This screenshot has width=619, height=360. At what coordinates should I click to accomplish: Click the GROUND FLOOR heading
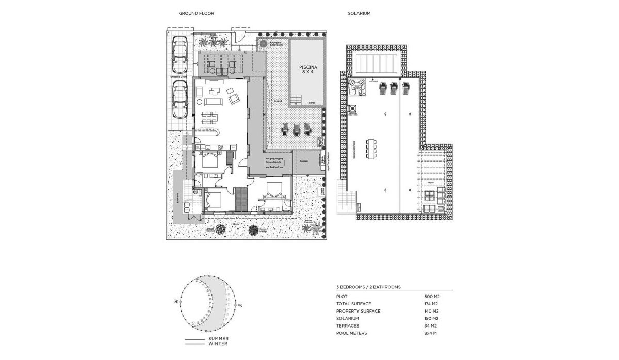click(x=196, y=14)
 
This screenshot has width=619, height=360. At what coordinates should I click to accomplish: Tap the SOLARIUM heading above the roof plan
click(x=359, y=14)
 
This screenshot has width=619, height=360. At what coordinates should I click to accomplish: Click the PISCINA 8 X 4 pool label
click(x=307, y=70)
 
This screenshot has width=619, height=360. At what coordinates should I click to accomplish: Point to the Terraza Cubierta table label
click(x=274, y=162)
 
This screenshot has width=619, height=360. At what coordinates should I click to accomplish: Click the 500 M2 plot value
click(x=431, y=297)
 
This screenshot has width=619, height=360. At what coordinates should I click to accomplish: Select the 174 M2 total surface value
click(x=431, y=304)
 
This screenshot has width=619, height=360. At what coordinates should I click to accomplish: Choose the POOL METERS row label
click(x=351, y=333)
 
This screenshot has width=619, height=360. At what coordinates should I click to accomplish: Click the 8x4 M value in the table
click(x=431, y=333)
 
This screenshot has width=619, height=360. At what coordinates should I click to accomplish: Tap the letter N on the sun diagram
click(x=176, y=301)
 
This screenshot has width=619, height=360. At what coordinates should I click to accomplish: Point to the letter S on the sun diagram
click(x=240, y=305)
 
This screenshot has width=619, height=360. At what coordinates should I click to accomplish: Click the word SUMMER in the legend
click(x=219, y=339)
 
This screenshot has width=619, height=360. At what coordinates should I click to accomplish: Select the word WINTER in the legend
click(x=218, y=343)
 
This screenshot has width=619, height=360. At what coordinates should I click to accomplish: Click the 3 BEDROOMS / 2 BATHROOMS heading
click(x=368, y=286)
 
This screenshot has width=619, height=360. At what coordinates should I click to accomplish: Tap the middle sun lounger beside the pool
click(x=297, y=129)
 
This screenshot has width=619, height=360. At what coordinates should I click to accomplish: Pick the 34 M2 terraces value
click(x=430, y=326)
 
